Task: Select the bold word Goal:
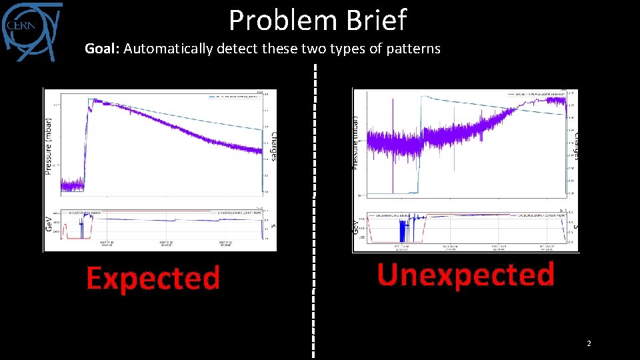click(102, 49)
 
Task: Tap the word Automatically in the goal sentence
click(167, 49)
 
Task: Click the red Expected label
click(153, 278)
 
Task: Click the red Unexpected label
click(465, 274)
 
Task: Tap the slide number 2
click(589, 343)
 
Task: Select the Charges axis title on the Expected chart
click(273, 145)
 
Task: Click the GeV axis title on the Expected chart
click(49, 223)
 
